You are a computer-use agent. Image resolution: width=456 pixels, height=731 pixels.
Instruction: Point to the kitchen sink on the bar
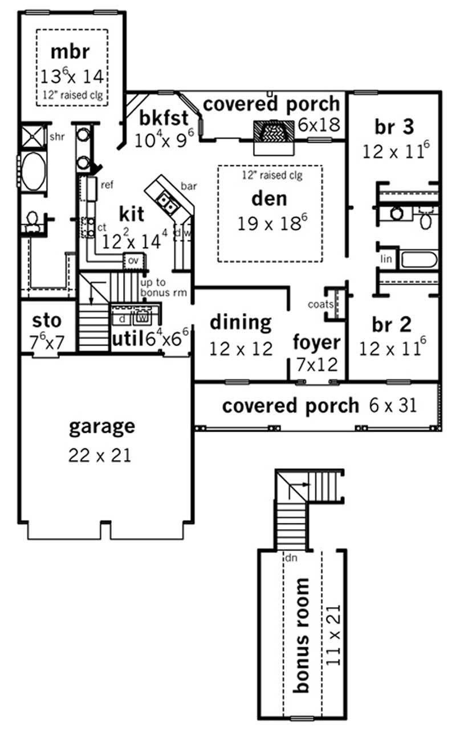pos(166,201)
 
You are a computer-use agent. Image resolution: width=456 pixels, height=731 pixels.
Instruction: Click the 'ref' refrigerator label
pos(107,185)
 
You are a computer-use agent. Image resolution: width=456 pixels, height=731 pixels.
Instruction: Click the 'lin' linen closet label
pos(386,259)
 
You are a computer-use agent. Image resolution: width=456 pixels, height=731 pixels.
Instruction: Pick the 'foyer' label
pos(317,343)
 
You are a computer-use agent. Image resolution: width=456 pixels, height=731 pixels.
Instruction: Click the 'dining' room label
pos(241,323)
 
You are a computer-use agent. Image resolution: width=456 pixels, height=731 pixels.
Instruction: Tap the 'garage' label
pos(102,427)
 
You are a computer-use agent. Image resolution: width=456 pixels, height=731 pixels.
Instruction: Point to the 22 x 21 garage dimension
pos(100,455)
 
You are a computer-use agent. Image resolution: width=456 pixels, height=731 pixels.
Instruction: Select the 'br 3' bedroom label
pos(394,127)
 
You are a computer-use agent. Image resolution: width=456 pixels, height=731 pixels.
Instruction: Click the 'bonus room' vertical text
pos(302,635)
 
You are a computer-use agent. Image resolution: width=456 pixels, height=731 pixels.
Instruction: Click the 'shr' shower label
pos(56,137)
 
